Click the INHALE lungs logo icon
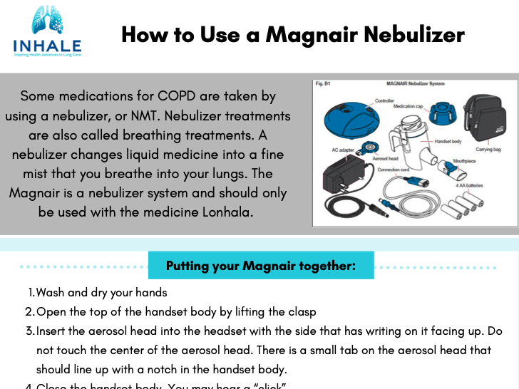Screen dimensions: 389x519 click(47, 22)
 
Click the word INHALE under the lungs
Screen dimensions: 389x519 click(47, 46)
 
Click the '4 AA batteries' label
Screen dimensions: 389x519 click(468, 185)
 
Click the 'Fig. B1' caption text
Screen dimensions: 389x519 click(323, 83)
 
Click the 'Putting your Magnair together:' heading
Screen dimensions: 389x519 click(260, 266)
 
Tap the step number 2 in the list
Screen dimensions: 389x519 click(29, 312)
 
